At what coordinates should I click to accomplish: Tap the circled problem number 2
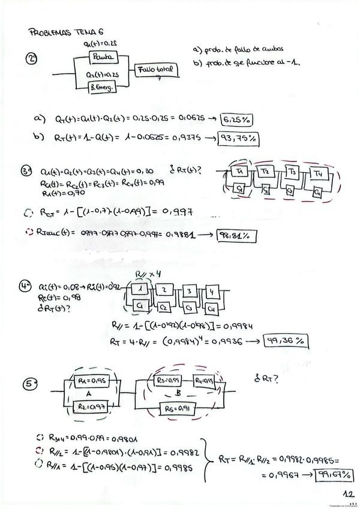click(32, 59)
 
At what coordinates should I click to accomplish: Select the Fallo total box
click(155, 70)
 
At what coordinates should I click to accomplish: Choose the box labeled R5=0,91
click(178, 409)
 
